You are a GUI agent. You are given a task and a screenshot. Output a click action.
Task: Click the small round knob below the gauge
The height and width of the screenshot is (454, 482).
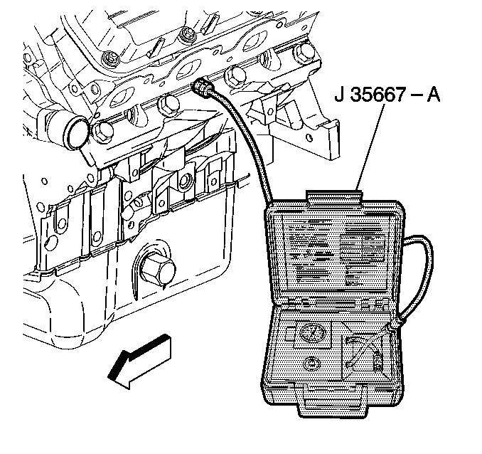pyautogui.click(x=310, y=364)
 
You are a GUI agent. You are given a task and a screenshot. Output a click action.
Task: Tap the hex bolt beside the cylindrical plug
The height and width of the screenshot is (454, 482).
pyautogui.click(x=101, y=130)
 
